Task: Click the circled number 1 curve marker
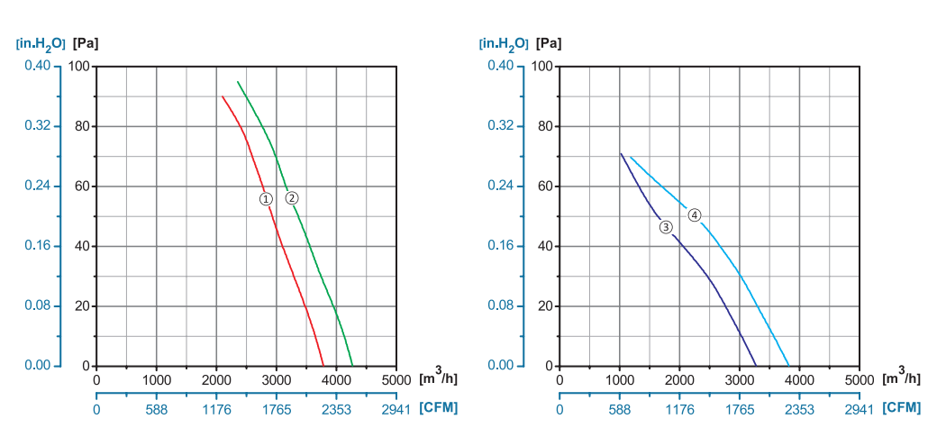tap(265, 198)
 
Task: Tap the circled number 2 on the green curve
tap(292, 198)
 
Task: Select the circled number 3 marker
tap(666, 226)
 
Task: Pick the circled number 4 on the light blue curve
tap(695, 214)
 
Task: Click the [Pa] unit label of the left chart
tap(86, 42)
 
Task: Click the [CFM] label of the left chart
tap(438, 407)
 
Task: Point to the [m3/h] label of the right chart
tap(902, 378)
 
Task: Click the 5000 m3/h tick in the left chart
tap(396, 378)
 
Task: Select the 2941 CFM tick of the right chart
tap(860, 408)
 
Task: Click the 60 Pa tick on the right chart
tap(542, 186)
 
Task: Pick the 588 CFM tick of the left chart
tap(157, 408)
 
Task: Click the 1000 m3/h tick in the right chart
tap(620, 378)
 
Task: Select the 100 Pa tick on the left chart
tap(79, 66)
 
